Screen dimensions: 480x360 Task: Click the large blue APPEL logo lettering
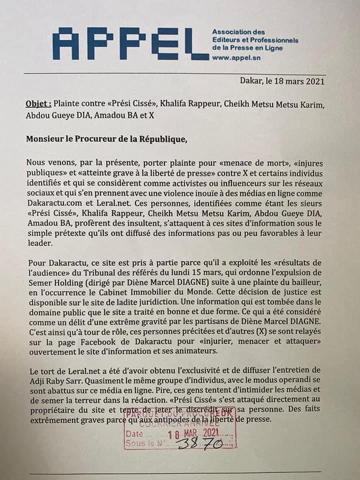click(130, 44)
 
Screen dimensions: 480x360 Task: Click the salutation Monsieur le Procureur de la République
click(105, 139)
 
